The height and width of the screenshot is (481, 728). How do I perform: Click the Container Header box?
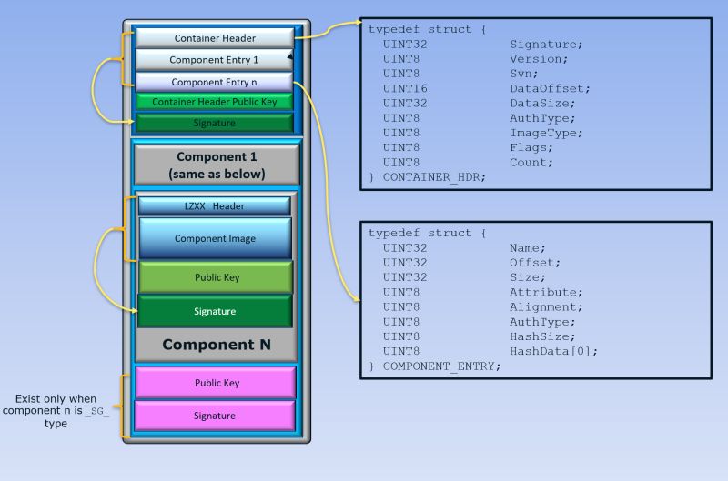[215, 38]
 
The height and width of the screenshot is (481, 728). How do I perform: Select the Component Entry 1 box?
[215, 60]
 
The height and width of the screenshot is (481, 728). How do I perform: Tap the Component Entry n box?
[215, 82]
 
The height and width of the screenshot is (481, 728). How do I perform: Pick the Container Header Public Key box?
[215, 102]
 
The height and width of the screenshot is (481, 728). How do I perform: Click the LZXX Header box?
[215, 205]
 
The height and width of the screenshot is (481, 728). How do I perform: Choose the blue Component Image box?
[215, 238]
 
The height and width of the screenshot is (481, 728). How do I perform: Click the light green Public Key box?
[215, 277]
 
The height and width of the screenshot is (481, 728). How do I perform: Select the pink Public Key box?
[215, 383]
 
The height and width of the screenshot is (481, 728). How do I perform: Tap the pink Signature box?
[215, 416]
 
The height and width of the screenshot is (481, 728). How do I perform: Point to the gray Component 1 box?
[216, 165]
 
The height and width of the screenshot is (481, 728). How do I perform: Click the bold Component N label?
[216, 345]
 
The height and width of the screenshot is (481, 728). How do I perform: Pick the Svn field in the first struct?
[523, 74]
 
